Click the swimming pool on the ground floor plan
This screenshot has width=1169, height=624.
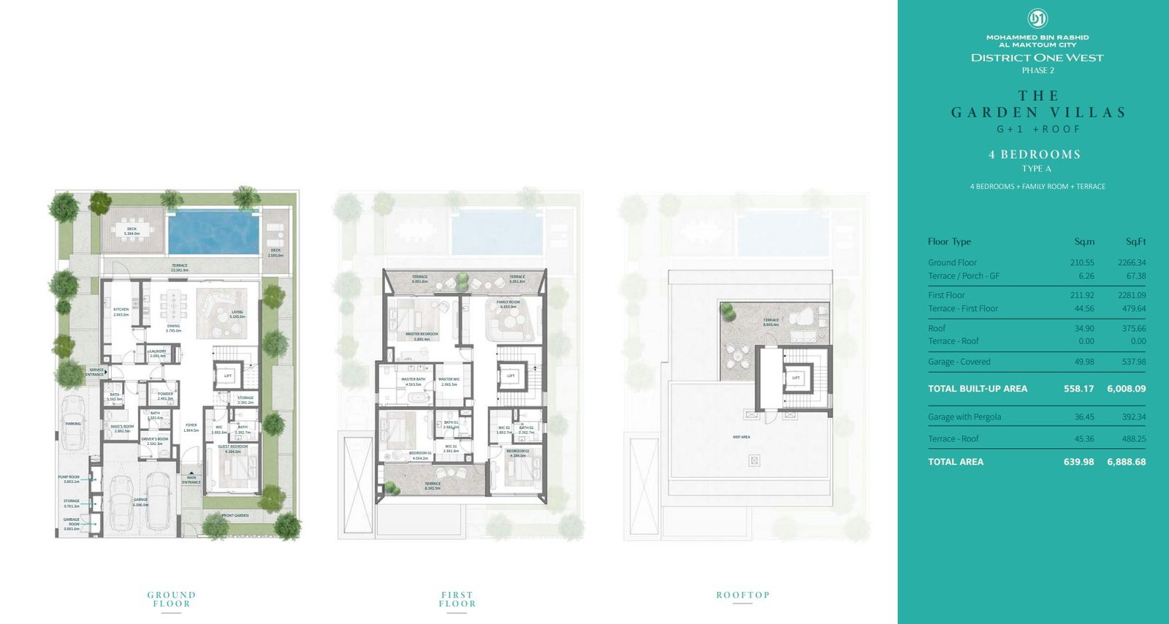(213, 232)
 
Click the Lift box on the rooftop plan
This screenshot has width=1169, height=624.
(796, 378)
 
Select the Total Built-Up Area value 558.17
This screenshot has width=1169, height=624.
(1078, 389)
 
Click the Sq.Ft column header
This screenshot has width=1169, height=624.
(1135, 242)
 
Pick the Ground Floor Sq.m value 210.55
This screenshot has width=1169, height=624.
(1082, 262)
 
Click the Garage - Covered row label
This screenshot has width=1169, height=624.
(959, 362)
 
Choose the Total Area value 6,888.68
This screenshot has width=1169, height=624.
(1126, 462)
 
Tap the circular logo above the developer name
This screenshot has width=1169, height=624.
(1037, 18)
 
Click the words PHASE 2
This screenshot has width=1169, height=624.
(1037, 71)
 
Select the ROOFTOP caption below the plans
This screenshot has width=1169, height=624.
(742, 596)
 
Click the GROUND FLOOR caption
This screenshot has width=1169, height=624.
(172, 599)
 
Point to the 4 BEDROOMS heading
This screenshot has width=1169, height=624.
(1034, 155)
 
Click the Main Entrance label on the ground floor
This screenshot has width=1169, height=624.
(191, 480)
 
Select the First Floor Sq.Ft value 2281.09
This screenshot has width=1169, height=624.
(1131, 295)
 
